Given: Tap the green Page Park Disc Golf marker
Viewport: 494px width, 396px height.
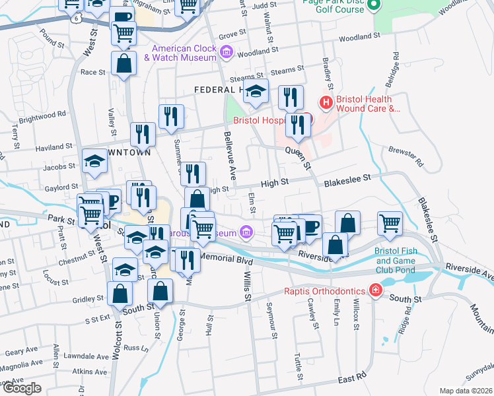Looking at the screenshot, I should click(x=374, y=7).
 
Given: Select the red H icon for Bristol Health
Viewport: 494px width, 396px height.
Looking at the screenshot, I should click(x=326, y=102).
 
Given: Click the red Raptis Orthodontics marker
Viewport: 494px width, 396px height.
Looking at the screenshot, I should click(x=375, y=290).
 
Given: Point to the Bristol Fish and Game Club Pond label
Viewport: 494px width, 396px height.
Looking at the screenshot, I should click(x=402, y=261).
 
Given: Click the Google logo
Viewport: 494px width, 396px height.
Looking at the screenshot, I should click(x=21, y=388).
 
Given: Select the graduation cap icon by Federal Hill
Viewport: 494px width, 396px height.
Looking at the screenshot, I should click(x=256, y=92).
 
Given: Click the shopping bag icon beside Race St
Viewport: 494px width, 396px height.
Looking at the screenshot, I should click(x=124, y=63).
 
